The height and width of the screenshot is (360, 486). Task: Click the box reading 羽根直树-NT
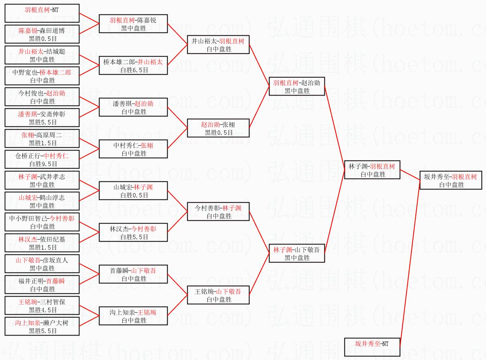(x=42, y=13)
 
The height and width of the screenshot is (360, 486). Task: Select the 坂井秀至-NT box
(x=372, y=347)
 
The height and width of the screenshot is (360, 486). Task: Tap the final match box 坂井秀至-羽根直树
(x=451, y=180)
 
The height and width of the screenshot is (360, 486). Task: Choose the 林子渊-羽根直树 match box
(x=372, y=170)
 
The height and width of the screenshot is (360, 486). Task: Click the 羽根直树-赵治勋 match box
(x=297, y=86)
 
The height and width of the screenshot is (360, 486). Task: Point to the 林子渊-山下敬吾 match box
(x=297, y=253)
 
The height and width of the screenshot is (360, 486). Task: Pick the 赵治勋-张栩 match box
(x=218, y=128)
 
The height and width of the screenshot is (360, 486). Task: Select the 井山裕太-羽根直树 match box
(x=218, y=45)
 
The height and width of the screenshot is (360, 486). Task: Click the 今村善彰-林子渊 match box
(x=218, y=212)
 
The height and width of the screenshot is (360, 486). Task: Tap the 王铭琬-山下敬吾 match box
(x=218, y=295)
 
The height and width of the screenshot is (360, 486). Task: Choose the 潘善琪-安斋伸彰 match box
(x=42, y=118)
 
